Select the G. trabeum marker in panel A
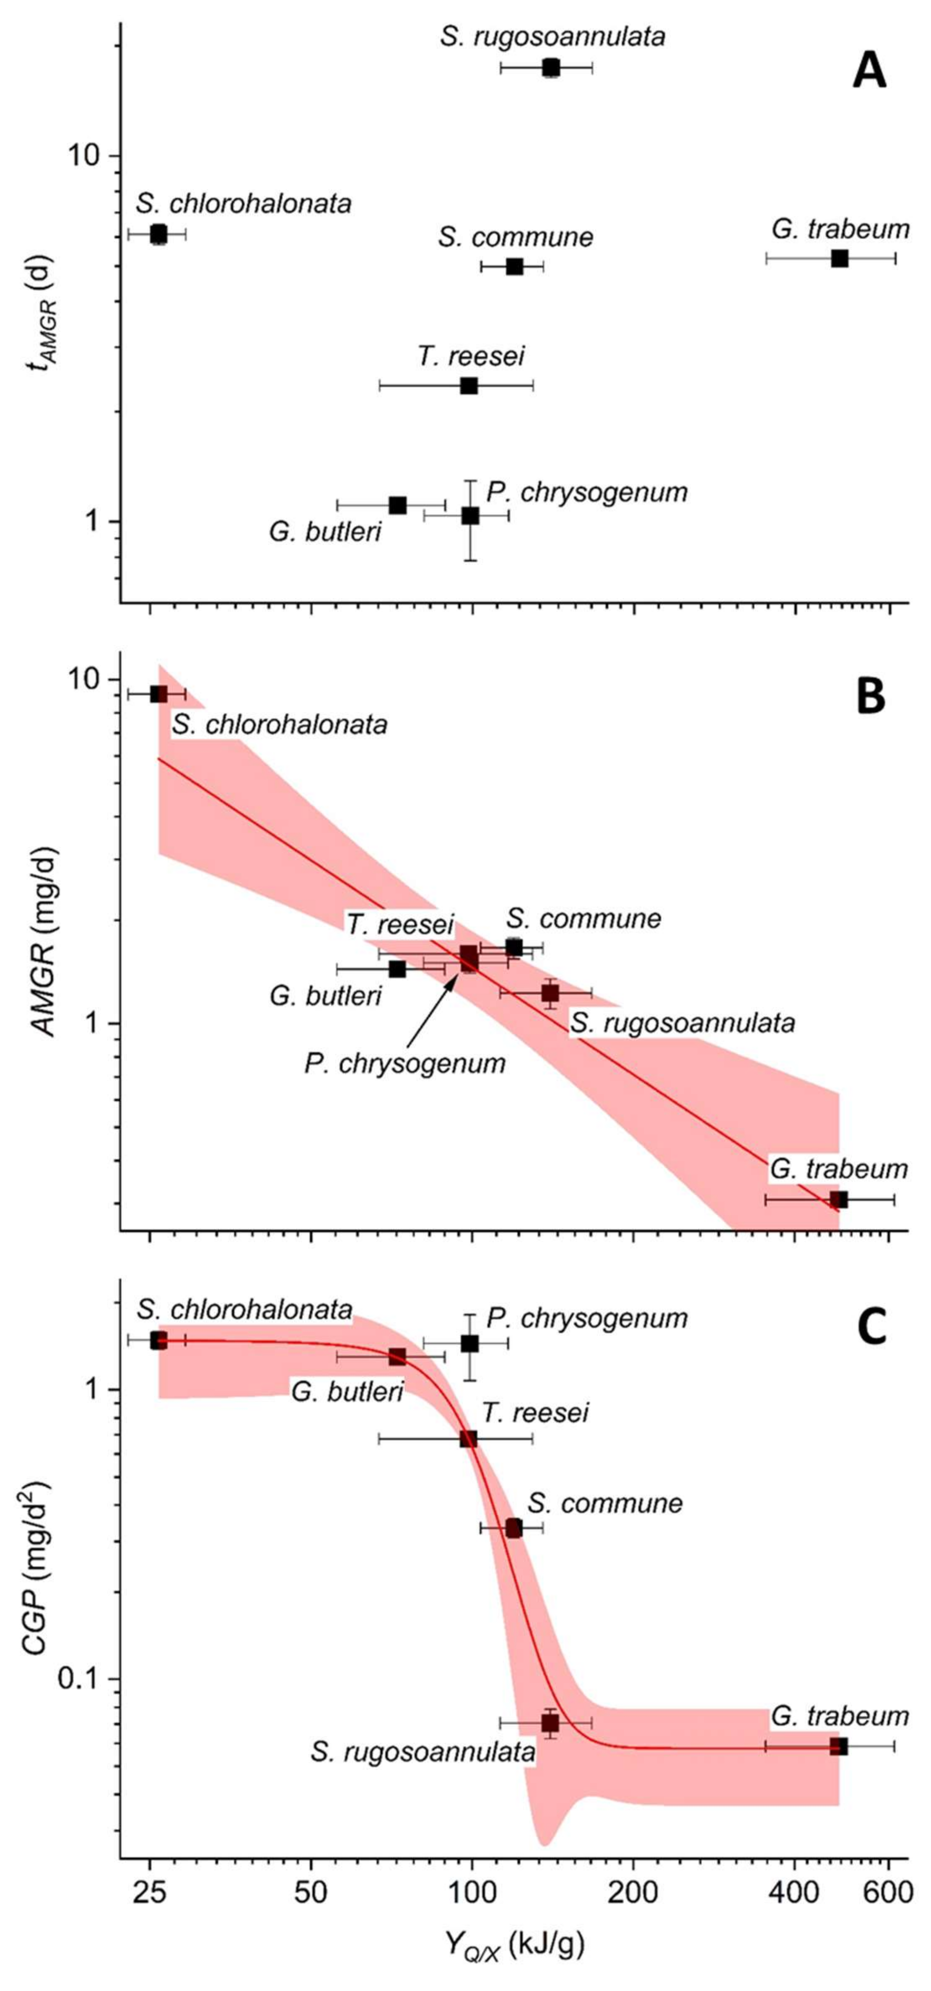840,258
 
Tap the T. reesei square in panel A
469,386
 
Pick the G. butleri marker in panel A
397,505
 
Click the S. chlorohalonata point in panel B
158,694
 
